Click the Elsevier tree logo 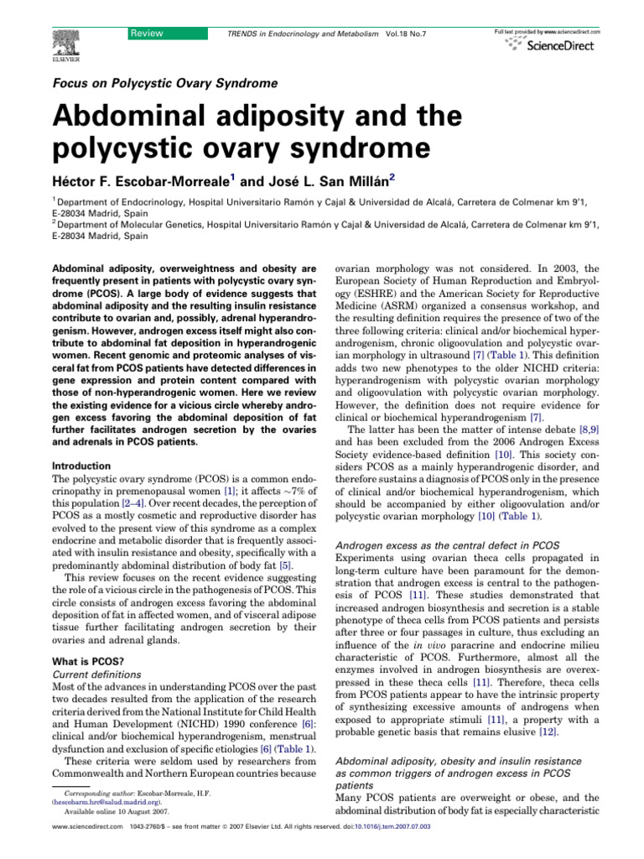click(64, 37)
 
